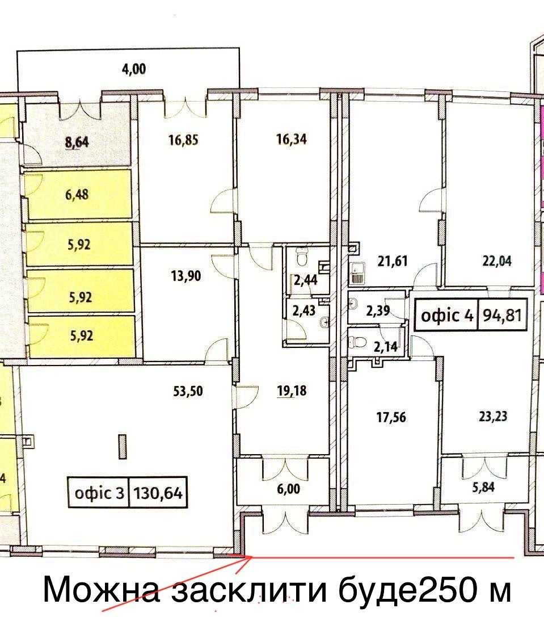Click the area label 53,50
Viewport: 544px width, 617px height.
pos(188,391)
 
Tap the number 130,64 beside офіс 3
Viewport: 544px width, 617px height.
pos(158,492)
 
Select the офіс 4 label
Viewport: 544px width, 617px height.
pos(447,315)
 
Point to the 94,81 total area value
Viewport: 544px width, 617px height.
pos(502,315)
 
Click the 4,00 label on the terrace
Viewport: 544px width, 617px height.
pos(134,69)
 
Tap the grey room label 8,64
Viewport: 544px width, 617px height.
pos(77,142)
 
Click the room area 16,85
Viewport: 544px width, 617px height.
pos(183,140)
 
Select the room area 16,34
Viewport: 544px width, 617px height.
pos(292,139)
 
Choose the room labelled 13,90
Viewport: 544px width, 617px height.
pos(186,275)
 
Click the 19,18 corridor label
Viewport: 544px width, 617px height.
pos(292,391)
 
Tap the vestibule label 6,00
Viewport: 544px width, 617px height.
pos(288,489)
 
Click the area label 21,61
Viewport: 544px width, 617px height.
pos(392,261)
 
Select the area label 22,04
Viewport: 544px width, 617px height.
pos(497,261)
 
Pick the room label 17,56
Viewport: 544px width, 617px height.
pos(391,417)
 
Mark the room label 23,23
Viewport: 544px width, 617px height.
pos(493,416)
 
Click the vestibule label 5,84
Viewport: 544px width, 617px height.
pos(483,487)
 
